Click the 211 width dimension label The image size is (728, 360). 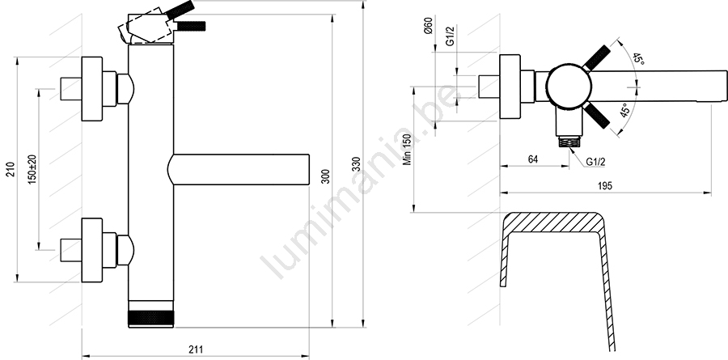196,349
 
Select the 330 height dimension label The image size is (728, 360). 357,164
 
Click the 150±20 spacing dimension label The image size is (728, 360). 32,169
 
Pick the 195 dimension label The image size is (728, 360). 605,186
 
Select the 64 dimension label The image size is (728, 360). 533,159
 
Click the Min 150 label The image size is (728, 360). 407,149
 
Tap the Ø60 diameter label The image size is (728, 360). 428,25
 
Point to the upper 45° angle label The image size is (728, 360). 639,60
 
